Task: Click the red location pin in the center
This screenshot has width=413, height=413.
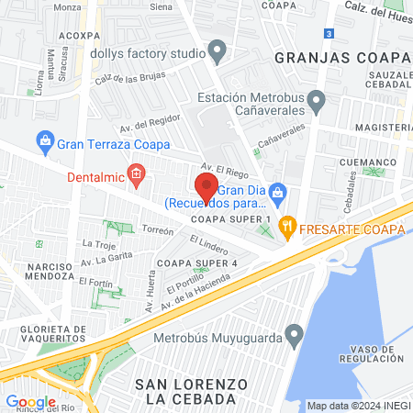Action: pos(206,187)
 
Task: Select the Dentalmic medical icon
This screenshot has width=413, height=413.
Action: pos(136,173)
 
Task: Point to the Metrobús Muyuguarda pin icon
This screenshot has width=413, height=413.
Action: pos(294,333)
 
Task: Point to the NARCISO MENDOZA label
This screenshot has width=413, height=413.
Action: pos(55,270)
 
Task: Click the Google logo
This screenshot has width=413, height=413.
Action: pos(30,401)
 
